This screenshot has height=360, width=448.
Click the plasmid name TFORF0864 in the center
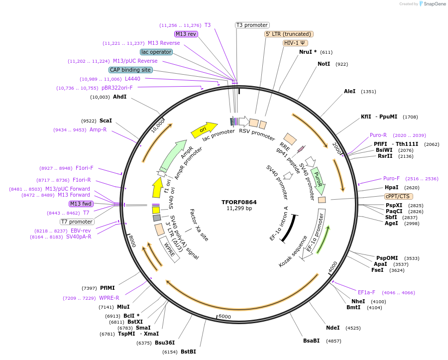coord(239,202)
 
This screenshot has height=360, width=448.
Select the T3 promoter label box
coord(252,25)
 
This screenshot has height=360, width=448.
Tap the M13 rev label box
coord(186,34)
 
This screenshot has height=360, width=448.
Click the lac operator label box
coord(156,52)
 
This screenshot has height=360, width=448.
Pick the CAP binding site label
coord(130,70)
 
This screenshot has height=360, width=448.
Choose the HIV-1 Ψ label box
coord(295,43)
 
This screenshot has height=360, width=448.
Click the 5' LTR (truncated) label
coord(288,34)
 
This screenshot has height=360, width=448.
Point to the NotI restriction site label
coord(324,64)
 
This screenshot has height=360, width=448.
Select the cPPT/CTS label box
coord(397,196)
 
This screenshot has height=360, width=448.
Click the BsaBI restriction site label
coord(312,341)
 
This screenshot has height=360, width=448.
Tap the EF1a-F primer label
coord(366,292)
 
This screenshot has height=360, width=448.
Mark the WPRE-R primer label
coord(109,298)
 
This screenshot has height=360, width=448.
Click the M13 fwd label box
coord(81,204)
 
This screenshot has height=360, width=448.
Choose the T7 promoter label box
coord(77,222)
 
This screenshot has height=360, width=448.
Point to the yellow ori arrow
coord(204,130)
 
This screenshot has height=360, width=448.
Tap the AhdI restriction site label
coord(119,97)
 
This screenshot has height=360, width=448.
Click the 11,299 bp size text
coord(239,209)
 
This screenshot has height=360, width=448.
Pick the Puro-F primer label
coord(391,178)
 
